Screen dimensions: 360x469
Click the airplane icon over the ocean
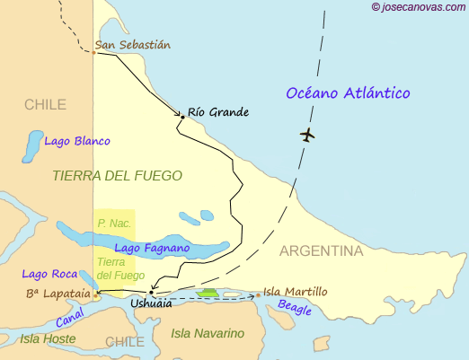pos(308,136)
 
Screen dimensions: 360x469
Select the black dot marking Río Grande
pos(182,116)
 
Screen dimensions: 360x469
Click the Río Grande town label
pos(218,112)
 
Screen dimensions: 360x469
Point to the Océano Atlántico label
pos(347,93)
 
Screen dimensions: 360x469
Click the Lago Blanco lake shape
pos(32,144)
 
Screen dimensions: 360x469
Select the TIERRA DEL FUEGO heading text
pos(117,176)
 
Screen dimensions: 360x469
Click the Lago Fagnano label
pos(151,247)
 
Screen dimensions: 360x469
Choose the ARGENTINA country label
pos(321,250)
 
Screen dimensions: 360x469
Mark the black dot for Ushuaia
pos(151,293)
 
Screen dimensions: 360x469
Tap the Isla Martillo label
pos(296,292)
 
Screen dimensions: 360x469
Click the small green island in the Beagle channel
pos(208,292)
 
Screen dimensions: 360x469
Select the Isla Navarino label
pos(208,333)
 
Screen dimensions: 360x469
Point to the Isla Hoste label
pos(48,338)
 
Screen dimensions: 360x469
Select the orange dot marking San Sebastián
pos(93,52)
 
